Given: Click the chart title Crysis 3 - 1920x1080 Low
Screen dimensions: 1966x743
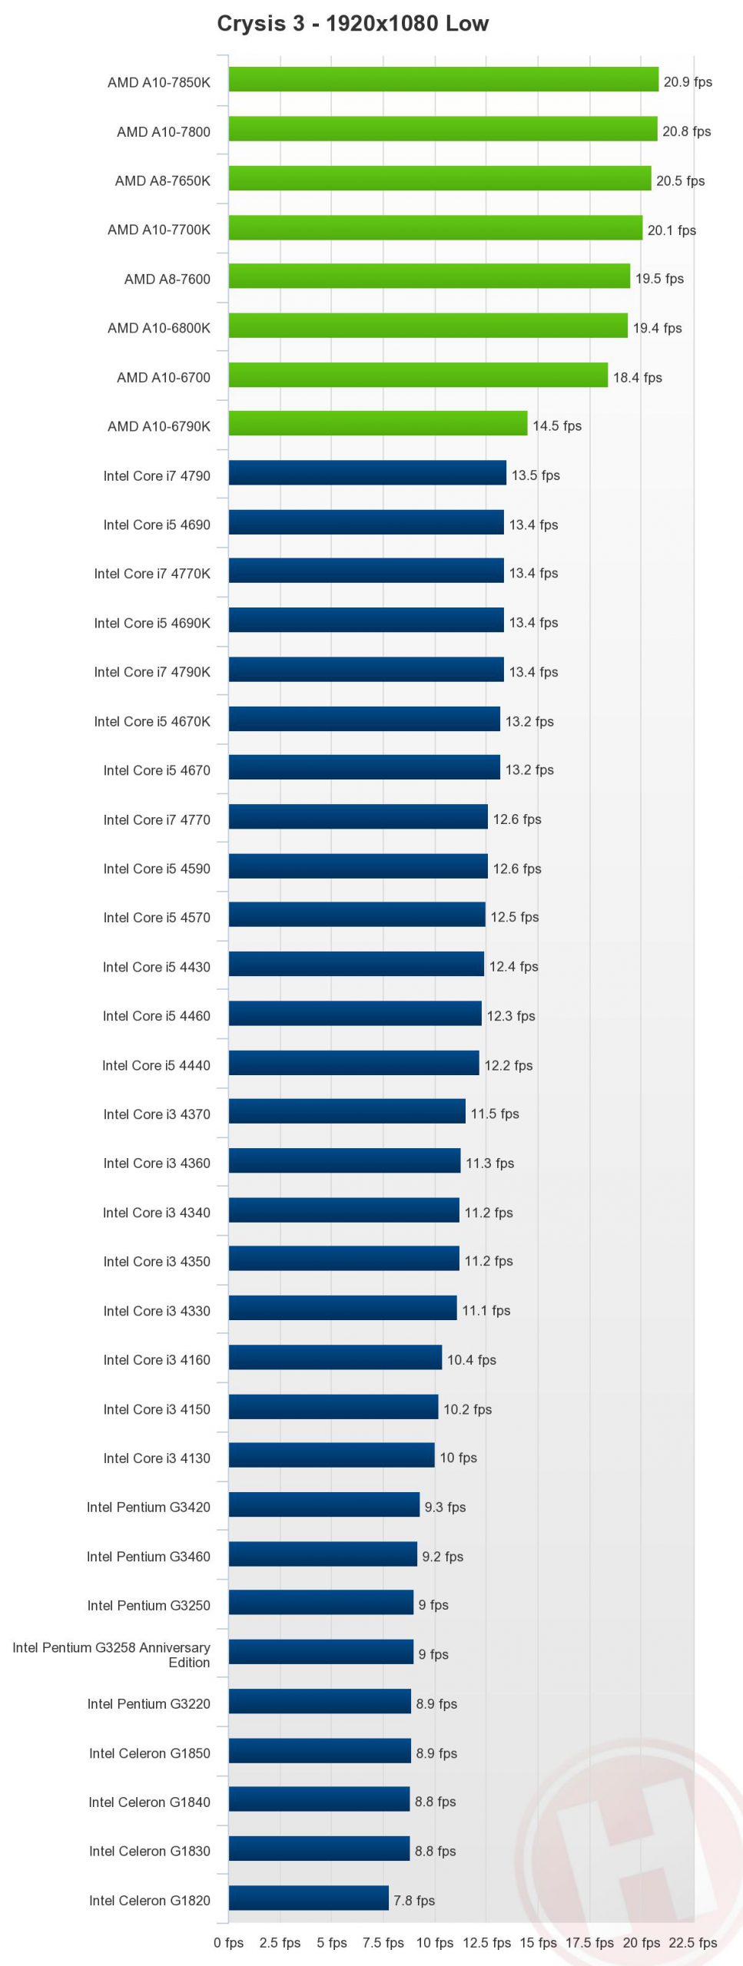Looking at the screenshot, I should click(353, 24).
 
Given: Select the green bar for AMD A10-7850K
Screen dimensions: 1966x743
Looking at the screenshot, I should click(443, 80).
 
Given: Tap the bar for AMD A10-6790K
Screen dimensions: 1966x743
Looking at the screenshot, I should click(378, 423).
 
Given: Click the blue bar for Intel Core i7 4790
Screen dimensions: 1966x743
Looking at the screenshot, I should click(367, 473).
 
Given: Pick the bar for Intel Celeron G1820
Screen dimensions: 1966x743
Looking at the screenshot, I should click(308, 1898).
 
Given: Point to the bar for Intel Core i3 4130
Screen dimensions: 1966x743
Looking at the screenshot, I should click(331, 1455).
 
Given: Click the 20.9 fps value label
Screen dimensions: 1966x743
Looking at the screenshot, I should click(688, 82).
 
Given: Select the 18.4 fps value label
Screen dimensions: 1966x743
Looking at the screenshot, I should click(637, 377).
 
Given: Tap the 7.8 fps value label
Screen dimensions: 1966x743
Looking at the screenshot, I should click(414, 1900).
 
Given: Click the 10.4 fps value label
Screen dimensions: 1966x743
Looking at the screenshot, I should click(471, 1360).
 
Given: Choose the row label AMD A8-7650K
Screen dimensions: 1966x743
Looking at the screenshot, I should click(162, 181).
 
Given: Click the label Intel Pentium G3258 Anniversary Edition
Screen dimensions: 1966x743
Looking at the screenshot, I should click(111, 1655).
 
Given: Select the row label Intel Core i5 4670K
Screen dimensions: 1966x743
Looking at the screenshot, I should click(152, 721).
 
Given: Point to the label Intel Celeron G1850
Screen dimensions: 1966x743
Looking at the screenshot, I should click(149, 1753).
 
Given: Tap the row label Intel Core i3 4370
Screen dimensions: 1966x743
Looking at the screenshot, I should click(157, 1114).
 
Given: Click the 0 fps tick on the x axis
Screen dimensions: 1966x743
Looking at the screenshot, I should click(228, 1942).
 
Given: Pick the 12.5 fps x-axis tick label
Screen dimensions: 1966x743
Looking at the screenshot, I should click(486, 1942).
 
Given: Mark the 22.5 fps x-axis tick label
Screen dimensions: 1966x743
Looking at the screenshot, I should click(692, 1942).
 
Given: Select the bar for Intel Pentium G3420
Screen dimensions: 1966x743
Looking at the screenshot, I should click(324, 1504).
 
